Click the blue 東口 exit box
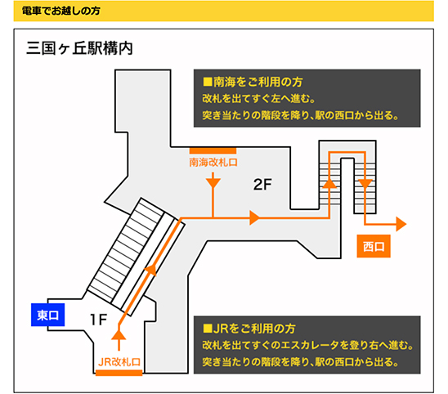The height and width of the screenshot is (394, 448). [47, 315]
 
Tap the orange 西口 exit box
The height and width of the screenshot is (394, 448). [374, 246]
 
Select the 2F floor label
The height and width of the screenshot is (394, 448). [262, 185]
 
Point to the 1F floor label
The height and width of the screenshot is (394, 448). [98, 320]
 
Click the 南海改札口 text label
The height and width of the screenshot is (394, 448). [213, 163]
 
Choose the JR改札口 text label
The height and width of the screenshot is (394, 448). [119, 362]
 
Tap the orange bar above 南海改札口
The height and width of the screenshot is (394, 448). [213, 151]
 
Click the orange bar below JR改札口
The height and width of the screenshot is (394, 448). [119, 373]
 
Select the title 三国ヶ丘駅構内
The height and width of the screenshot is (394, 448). [79, 48]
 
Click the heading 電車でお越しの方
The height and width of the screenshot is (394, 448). [60, 11]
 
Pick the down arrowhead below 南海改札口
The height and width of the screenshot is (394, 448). [213, 183]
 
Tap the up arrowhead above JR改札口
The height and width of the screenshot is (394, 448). [119, 335]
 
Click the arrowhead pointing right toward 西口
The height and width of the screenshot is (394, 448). [401, 224]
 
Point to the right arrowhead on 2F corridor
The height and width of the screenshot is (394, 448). [255, 217]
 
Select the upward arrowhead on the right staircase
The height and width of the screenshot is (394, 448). [329, 183]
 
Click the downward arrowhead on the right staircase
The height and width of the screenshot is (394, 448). [365, 183]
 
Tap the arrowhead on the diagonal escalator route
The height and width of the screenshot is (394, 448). [151, 270]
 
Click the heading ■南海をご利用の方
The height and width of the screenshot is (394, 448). [253, 82]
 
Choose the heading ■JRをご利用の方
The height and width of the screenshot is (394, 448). [249, 329]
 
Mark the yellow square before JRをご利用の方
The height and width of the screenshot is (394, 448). [207, 329]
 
